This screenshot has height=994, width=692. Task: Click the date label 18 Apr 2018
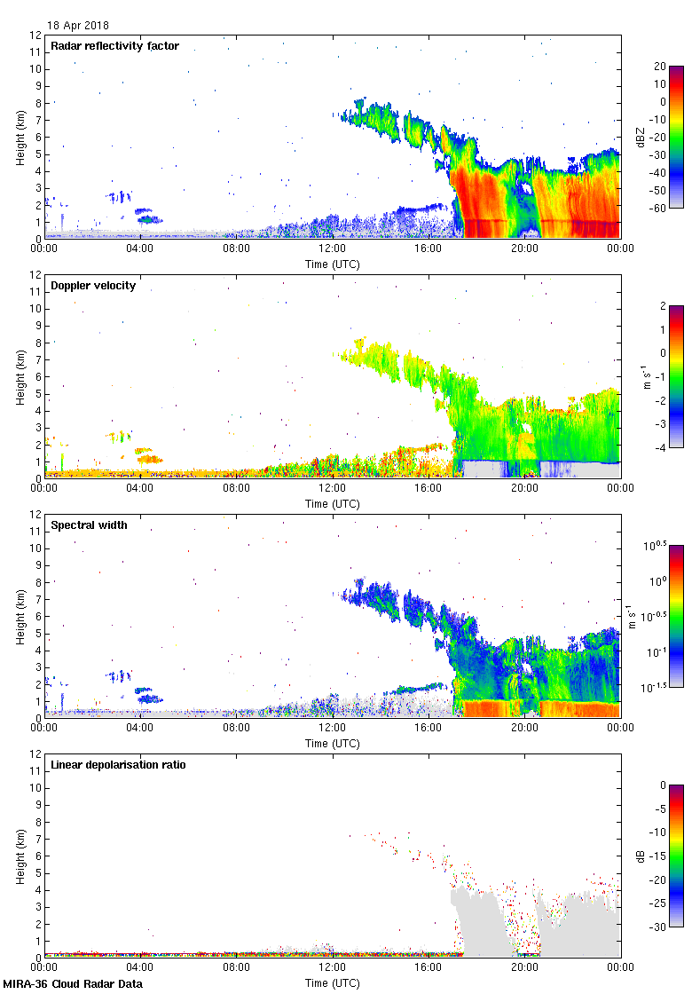pos(78,26)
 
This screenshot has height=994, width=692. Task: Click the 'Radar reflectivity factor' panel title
pos(115,46)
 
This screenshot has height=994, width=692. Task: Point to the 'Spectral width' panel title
pos(88,525)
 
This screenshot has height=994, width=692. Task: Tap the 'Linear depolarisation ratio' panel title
pos(118,765)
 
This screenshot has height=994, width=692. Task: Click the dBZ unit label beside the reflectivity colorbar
pos(641,137)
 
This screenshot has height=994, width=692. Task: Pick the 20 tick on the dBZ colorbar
pos(661,67)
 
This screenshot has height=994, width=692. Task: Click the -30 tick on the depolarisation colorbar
pos(659,927)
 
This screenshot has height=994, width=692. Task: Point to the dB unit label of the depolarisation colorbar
pos(641,856)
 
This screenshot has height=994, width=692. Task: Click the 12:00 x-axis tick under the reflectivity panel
pos(332,248)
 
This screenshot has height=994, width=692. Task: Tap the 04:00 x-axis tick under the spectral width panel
pos(140,728)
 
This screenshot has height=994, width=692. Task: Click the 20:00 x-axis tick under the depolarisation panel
pos(524,967)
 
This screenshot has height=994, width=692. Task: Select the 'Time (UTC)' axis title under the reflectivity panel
pos(333,264)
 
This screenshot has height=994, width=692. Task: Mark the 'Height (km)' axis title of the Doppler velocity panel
pos(20,376)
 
